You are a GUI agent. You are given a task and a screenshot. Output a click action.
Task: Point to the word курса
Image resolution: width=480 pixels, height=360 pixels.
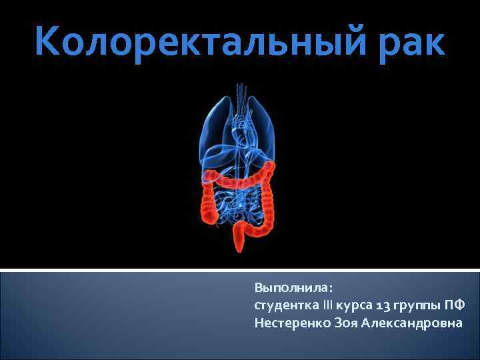point(353,307)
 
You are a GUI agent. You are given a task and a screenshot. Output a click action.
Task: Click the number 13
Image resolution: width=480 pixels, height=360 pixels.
point(383,306)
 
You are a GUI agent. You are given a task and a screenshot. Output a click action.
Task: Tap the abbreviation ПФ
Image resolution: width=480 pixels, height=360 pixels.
point(456,306)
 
